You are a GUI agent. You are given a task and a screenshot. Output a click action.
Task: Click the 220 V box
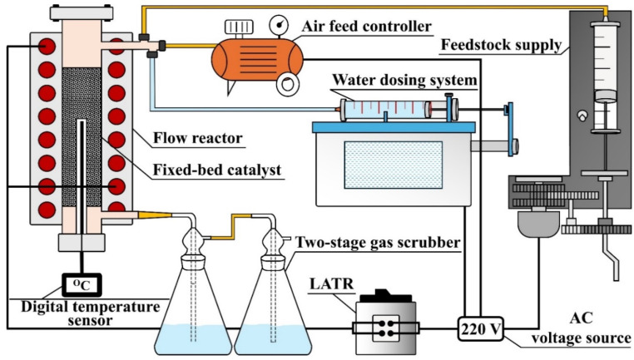[x=481, y=328]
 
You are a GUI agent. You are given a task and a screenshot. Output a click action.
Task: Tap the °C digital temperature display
[x=82, y=285]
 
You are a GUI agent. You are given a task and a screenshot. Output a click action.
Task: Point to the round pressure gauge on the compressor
[x=279, y=25]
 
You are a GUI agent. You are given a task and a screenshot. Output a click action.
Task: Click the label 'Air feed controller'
[x=367, y=27]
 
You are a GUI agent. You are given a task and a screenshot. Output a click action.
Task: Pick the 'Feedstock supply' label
[x=501, y=44]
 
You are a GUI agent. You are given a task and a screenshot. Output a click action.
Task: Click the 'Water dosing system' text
[x=404, y=80]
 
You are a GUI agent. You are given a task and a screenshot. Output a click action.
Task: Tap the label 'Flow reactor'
[x=198, y=138]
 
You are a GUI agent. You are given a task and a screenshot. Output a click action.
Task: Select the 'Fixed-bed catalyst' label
[x=217, y=170]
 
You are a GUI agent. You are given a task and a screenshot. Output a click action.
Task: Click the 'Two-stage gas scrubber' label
[x=378, y=243]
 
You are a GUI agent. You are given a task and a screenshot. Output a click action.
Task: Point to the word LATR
[x=331, y=284]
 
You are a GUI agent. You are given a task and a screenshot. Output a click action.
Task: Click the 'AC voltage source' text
[x=581, y=328]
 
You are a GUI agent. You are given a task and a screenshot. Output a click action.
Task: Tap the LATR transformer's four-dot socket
[x=385, y=328]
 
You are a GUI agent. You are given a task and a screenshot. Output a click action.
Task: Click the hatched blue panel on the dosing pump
[x=393, y=165]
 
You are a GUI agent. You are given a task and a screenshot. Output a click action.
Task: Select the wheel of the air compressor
[x=288, y=85]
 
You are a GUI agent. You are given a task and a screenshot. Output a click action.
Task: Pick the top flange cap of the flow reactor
[x=82, y=13]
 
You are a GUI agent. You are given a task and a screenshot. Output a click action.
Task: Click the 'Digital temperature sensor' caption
[x=90, y=313]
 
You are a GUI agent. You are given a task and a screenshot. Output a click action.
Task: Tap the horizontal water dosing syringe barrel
[x=384, y=110]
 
